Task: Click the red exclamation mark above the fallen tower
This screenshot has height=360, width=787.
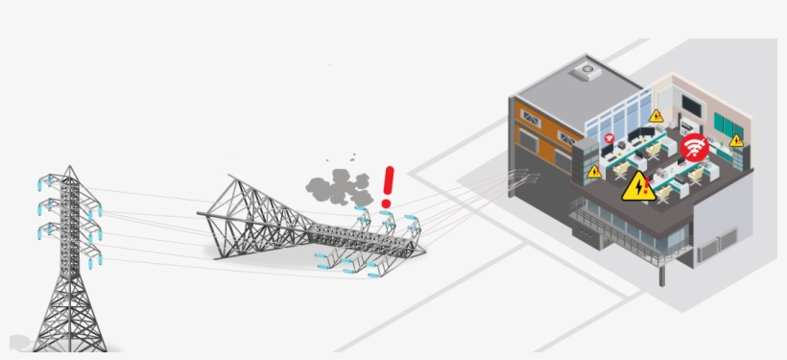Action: pos(388,186)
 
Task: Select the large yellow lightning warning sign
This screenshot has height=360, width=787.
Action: pos(637,186)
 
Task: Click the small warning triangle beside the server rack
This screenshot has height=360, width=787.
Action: pos(594,172)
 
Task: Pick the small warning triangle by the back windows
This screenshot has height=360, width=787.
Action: pos(656,115)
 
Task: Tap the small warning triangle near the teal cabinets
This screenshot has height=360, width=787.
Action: pos(736,140)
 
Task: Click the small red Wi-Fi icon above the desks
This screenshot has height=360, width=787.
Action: pos(608,139)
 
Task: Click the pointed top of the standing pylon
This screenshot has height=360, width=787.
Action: pos(69,169)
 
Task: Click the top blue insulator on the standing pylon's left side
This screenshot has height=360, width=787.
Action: pos(44,181)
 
